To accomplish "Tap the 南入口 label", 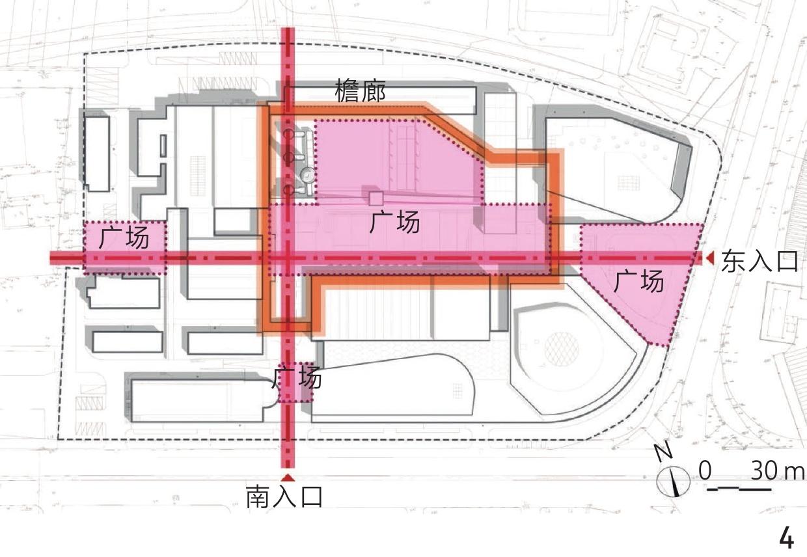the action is click(x=284, y=496).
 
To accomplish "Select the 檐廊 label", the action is click(x=360, y=91).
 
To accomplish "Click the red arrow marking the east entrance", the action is click(x=710, y=258).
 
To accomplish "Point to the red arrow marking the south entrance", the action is click(x=288, y=478).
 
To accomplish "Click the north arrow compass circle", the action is click(x=673, y=481).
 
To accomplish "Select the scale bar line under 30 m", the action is click(x=739, y=489).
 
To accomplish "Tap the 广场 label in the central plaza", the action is click(x=394, y=222).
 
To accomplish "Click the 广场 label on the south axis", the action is click(x=297, y=377).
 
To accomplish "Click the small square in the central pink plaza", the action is click(x=376, y=199).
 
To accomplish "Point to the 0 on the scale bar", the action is click(x=705, y=470).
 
